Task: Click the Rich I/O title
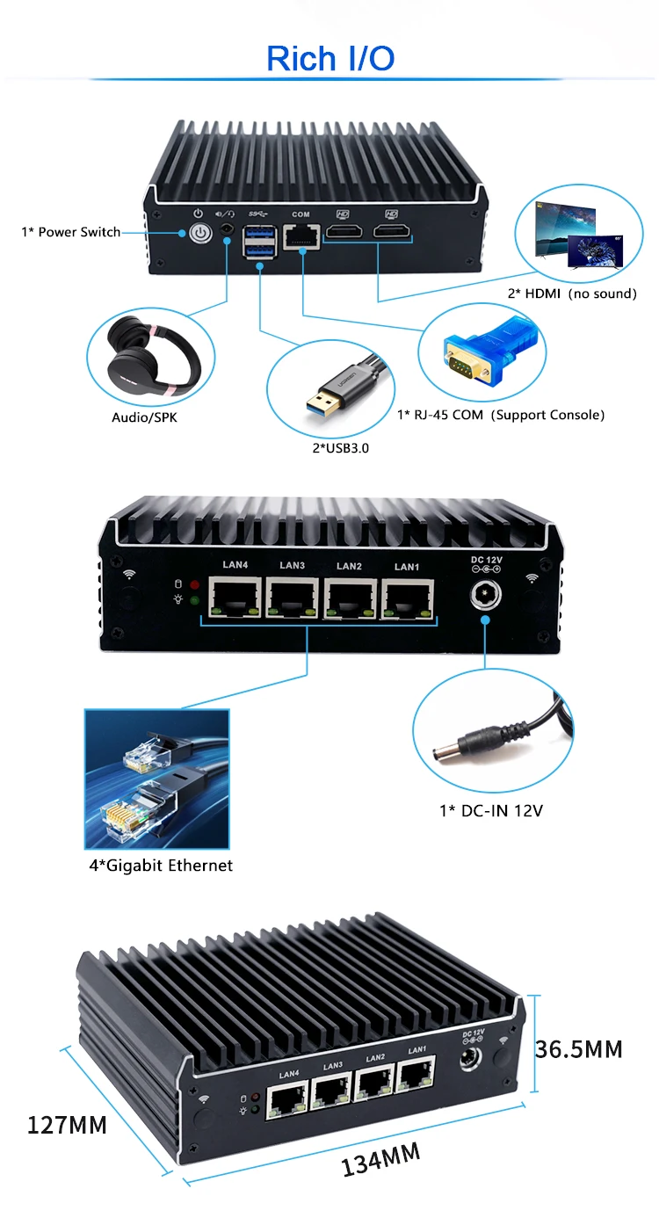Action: [330, 59]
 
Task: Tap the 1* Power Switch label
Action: [71, 232]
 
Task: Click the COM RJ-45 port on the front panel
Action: [301, 236]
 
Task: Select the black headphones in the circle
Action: [151, 359]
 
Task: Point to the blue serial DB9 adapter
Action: [478, 356]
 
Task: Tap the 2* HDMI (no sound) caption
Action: [572, 294]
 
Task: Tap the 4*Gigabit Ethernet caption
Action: [161, 866]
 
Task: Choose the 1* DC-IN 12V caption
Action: [491, 810]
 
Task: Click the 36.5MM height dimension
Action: [579, 1048]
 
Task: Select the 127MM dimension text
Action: [67, 1124]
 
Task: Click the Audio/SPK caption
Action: [144, 417]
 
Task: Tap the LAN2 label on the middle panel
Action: [349, 566]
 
